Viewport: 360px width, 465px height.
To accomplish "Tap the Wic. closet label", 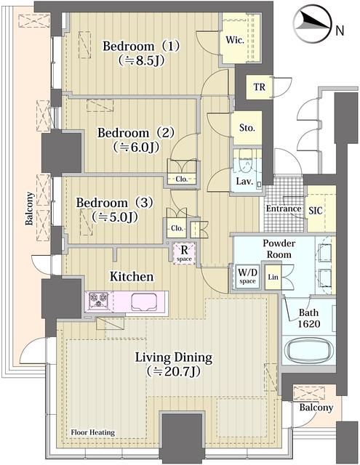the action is [234, 40].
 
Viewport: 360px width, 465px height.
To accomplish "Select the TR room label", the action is [260, 87].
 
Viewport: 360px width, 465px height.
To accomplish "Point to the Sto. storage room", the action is [247, 128].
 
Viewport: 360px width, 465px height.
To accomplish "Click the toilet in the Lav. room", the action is [245, 161].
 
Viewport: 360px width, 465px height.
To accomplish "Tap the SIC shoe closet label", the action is [315, 211].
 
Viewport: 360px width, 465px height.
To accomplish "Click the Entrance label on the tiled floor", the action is [284, 209].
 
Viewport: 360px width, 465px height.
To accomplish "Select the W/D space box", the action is [247, 276].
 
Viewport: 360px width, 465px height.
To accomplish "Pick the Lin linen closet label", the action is [273, 277].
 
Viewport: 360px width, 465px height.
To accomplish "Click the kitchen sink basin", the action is [144, 302].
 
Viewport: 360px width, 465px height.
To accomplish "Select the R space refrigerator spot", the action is [184, 254].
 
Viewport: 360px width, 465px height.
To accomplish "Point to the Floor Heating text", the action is [92, 432].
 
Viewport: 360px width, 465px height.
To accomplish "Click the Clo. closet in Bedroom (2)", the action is [182, 179].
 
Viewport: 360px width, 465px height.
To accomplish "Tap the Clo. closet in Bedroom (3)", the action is [177, 228].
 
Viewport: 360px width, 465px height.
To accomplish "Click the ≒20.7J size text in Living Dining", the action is [173, 371].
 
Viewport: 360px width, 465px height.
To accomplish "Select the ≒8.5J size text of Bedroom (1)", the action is [140, 61].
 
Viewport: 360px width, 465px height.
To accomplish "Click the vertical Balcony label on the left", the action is [29, 209].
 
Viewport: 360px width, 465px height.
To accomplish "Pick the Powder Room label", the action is [279, 248].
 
